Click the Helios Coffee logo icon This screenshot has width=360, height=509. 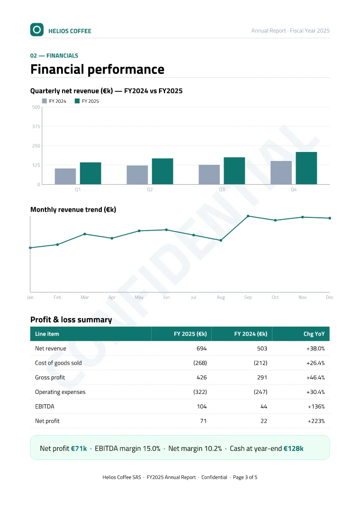pyautogui.click(x=37, y=30)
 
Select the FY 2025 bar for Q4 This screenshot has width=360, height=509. pyautogui.click(x=306, y=168)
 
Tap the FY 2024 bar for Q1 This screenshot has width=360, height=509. pyautogui.click(x=65, y=177)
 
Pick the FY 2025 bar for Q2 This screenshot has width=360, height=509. pyautogui.click(x=162, y=171)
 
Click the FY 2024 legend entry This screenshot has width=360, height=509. pyautogui.click(x=54, y=101)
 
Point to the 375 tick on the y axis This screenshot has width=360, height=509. pyautogui.click(x=36, y=126)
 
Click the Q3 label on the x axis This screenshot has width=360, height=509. pyautogui.click(x=222, y=189)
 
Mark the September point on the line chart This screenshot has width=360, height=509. pyautogui.click(x=248, y=216)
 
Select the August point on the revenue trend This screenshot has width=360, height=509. pyautogui.click(x=221, y=241)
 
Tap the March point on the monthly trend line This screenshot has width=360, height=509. pyautogui.click(x=85, y=234)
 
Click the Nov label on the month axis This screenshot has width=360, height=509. pyautogui.click(x=303, y=297)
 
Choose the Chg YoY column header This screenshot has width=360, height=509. pyautogui.click(x=314, y=334)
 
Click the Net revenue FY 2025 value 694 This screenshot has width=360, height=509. pyautogui.click(x=202, y=348)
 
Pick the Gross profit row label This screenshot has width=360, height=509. pyautogui.click(x=50, y=377)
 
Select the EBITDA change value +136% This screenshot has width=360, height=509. pyautogui.click(x=316, y=407)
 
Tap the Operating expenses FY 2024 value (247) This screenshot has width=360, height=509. pyautogui.click(x=261, y=392)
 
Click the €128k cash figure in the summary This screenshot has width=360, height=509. pyautogui.click(x=294, y=448)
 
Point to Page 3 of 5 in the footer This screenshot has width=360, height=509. pyautogui.click(x=245, y=477)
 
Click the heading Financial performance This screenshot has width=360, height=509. pyautogui.click(x=98, y=70)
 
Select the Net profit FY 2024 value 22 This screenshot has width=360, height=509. pyautogui.click(x=264, y=421)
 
